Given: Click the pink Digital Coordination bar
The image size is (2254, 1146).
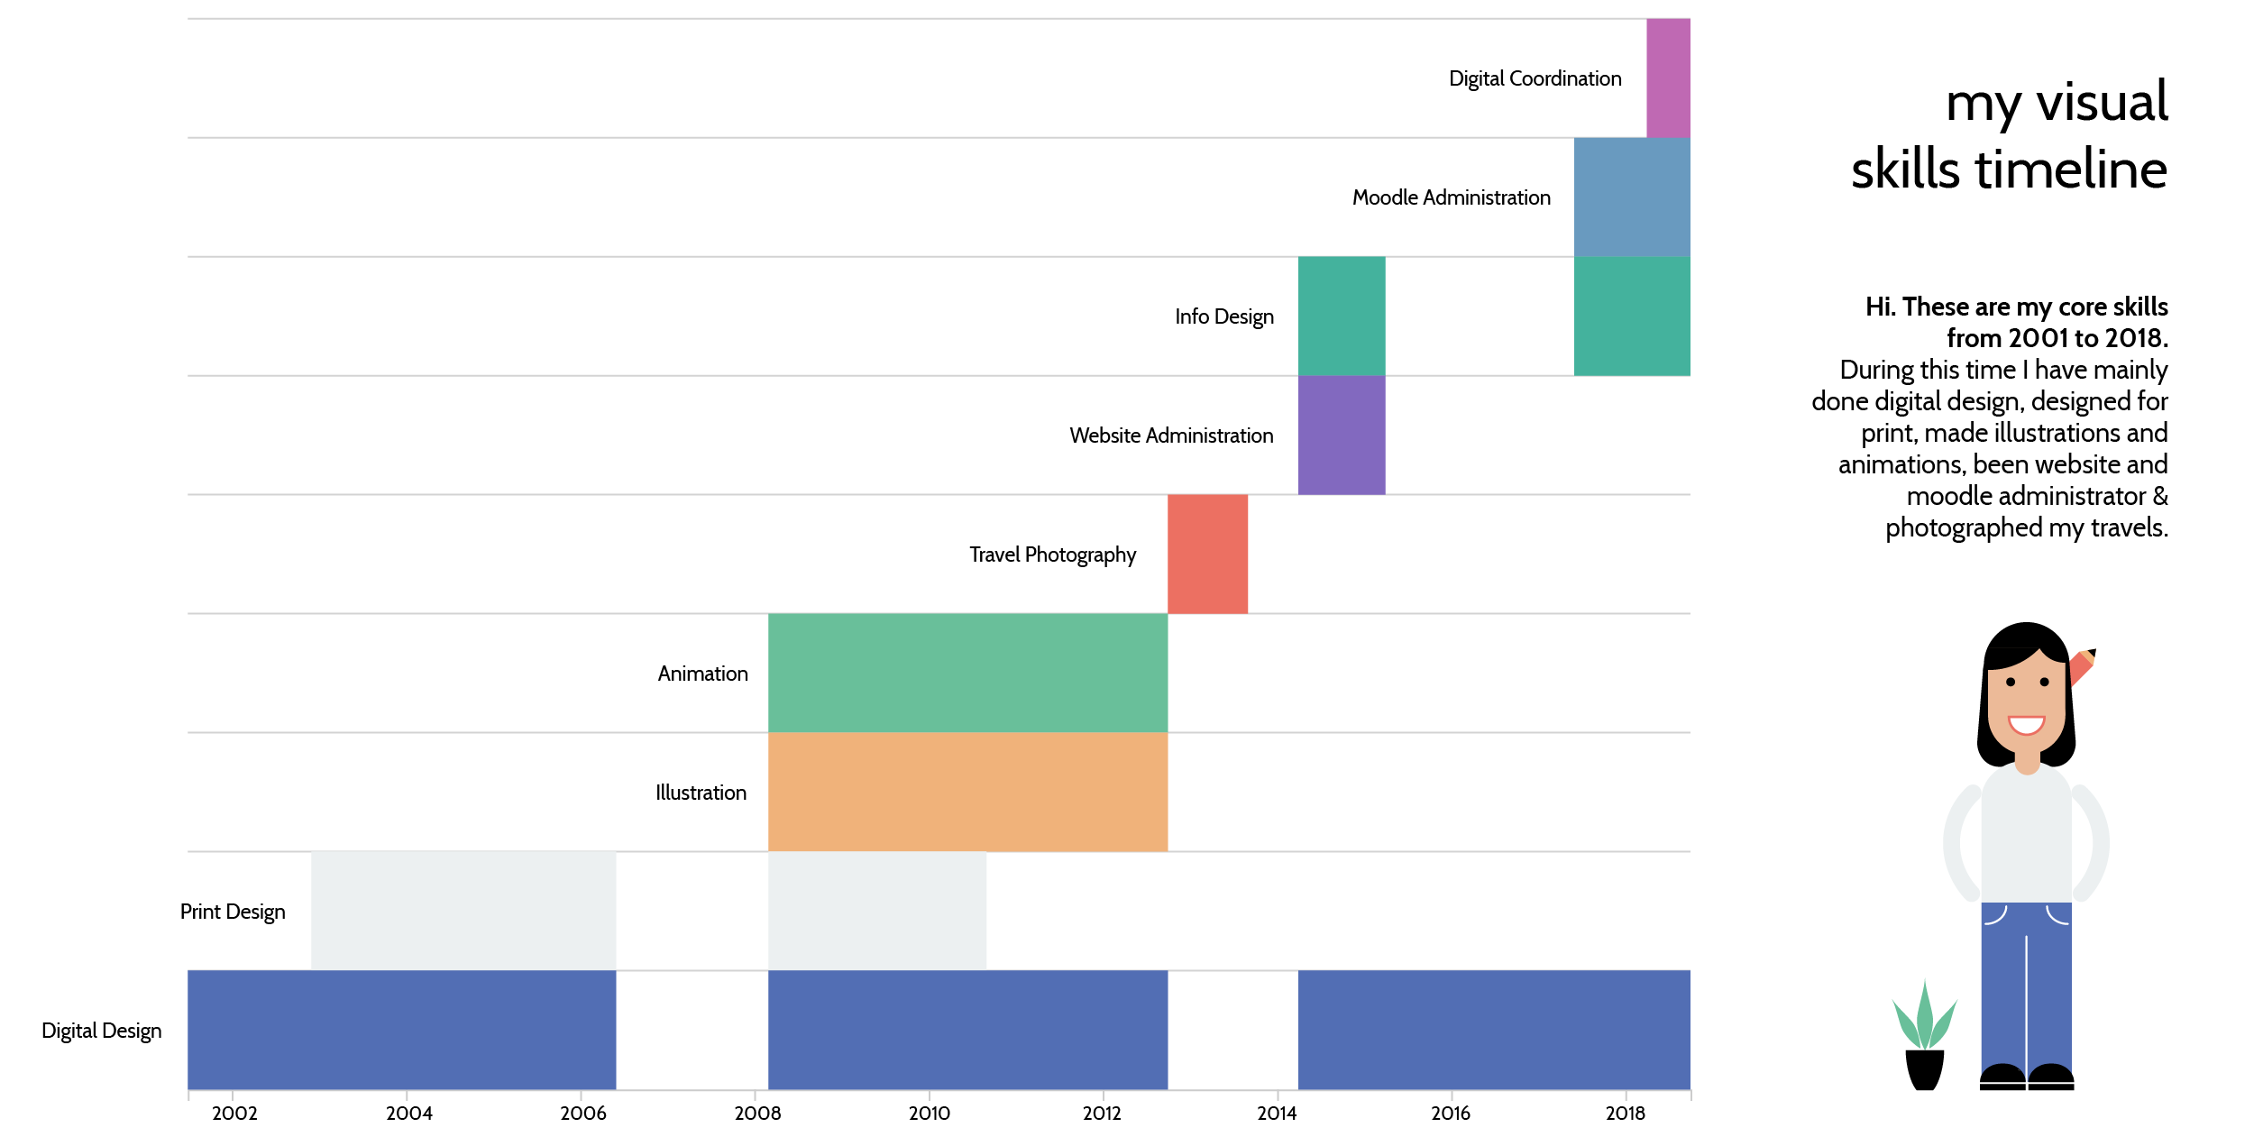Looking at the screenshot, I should pyautogui.click(x=1668, y=78).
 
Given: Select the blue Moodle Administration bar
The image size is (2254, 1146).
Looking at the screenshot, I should pyautogui.click(x=1632, y=197).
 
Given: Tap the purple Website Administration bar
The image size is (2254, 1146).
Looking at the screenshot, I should pyautogui.click(x=1342, y=435).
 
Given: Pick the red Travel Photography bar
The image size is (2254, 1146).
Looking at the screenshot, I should pyautogui.click(x=1207, y=555).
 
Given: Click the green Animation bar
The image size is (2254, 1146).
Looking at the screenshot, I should pyautogui.click(x=967, y=674).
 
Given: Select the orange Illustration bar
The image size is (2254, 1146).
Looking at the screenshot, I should pyautogui.click(x=967, y=793).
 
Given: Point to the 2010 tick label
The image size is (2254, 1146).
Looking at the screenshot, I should pyautogui.click(x=929, y=1114).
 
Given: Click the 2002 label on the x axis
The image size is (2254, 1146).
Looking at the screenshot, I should pyautogui.click(x=234, y=1114).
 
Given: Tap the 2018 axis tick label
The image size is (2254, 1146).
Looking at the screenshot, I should pyautogui.click(x=1625, y=1114).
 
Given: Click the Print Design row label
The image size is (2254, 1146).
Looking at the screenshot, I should pyautogui.click(x=233, y=912).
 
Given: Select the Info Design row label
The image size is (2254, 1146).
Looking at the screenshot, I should pyautogui.click(x=1223, y=316).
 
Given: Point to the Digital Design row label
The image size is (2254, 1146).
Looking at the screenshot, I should pyautogui.click(x=102, y=1031).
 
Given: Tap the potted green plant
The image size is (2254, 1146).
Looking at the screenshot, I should pyautogui.click(x=1924, y=1037).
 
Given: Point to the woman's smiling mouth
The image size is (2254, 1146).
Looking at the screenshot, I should pyautogui.click(x=2026, y=724).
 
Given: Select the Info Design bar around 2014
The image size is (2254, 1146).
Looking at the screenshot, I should pyautogui.click(x=1342, y=316).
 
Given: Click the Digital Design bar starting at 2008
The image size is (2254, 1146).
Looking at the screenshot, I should pyautogui.click(x=967, y=1030).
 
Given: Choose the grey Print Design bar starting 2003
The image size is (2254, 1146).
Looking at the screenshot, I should pyautogui.click(x=463, y=911).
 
